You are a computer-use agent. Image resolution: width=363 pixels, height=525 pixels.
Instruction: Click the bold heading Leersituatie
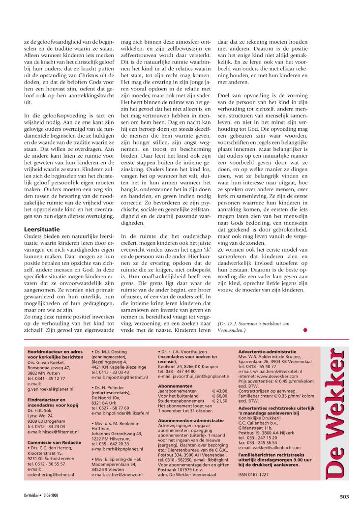(41, 229)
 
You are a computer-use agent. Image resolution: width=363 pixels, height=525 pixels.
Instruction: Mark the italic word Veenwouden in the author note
(231, 330)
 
